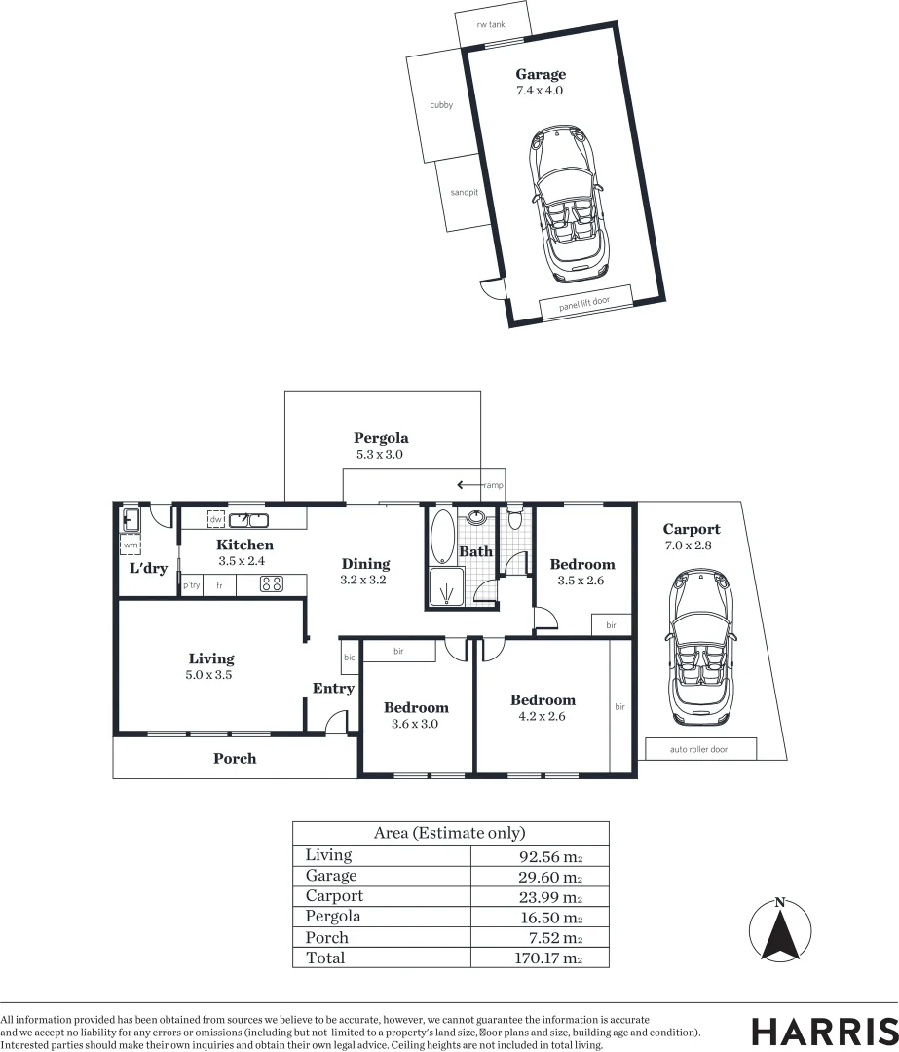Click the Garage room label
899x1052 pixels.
pyautogui.click(x=540, y=75)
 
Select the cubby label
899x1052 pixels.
pyautogui.click(x=440, y=105)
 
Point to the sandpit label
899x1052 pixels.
pyautogui.click(x=464, y=193)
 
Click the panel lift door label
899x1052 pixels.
pyautogui.click(x=584, y=302)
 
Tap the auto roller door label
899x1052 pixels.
pyautogui.click(x=699, y=750)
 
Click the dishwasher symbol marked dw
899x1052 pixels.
pyautogui.click(x=216, y=519)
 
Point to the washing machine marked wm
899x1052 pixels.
pyautogui.click(x=131, y=545)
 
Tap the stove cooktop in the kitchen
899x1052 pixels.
pyautogui.click(x=272, y=584)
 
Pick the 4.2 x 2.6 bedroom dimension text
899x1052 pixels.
pyautogui.click(x=543, y=716)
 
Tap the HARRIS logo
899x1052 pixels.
pyautogui.click(x=824, y=1031)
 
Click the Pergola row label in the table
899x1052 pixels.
pyautogui.click(x=333, y=917)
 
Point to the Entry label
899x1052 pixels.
pyautogui.click(x=333, y=689)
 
